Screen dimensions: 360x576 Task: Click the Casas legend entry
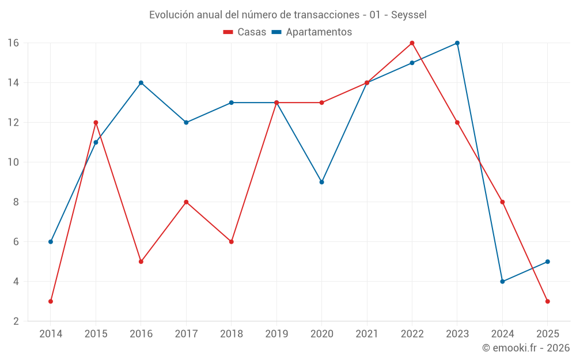(x=245, y=32)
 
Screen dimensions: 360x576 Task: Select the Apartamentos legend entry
(x=312, y=32)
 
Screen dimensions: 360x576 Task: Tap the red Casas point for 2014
(x=51, y=301)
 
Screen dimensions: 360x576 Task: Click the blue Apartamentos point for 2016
(x=141, y=83)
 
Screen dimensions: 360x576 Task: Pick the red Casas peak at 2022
(x=412, y=43)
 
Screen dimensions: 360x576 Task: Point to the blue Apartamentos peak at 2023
(x=457, y=43)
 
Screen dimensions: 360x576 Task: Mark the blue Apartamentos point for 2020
(x=321, y=182)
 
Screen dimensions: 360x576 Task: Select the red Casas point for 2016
(x=141, y=262)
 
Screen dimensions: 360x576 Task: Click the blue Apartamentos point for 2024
(x=502, y=282)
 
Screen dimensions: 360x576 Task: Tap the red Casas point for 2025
(x=548, y=301)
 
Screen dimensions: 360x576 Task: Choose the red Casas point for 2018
(x=231, y=242)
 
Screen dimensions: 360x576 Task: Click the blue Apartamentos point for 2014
(x=51, y=242)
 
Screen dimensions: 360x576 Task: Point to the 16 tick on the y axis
(x=13, y=43)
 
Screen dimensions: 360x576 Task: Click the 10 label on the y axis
(x=13, y=162)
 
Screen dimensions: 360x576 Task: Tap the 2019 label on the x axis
(x=276, y=334)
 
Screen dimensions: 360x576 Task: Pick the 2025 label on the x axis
(x=548, y=334)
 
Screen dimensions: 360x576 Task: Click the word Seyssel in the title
(x=408, y=15)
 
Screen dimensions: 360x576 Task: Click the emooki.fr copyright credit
(x=525, y=348)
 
